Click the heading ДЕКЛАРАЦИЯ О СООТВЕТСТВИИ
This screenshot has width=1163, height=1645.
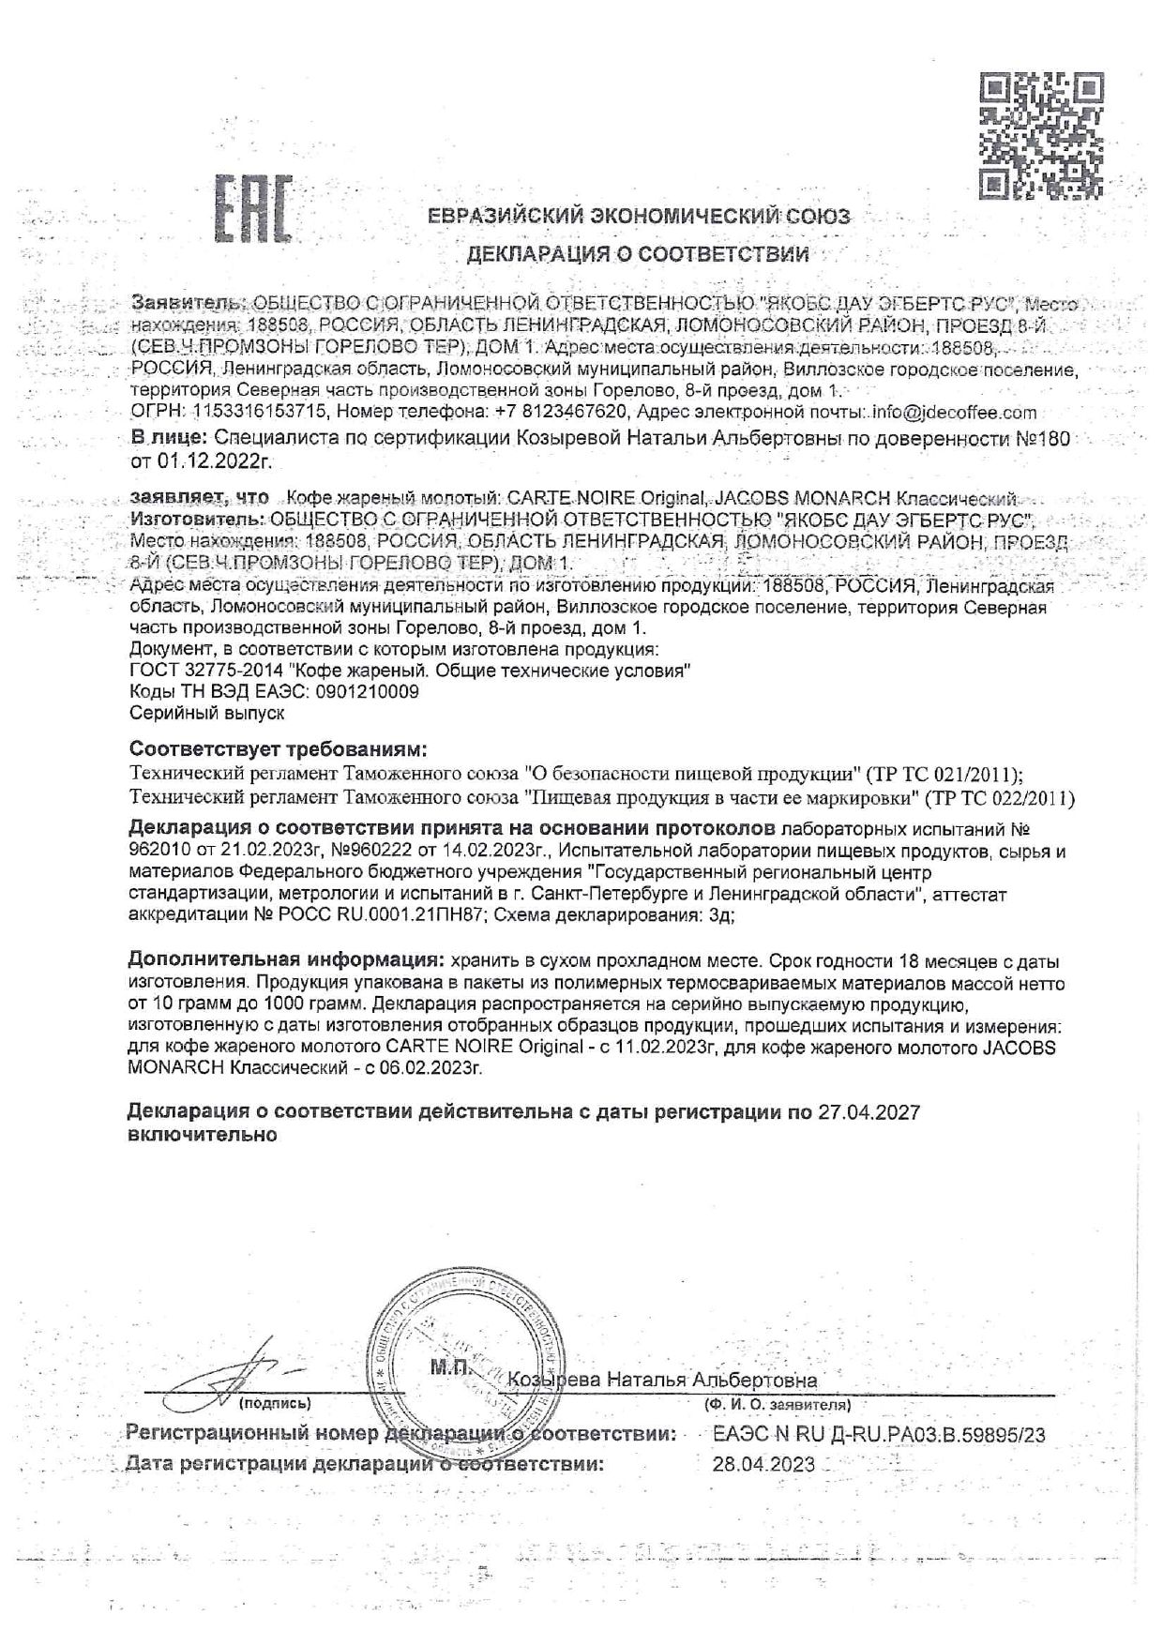click(x=638, y=253)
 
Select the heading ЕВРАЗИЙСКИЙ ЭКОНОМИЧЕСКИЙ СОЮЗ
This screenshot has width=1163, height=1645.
click(x=639, y=217)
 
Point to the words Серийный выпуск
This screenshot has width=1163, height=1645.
click(x=205, y=713)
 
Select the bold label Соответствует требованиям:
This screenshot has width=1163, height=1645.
click(x=278, y=750)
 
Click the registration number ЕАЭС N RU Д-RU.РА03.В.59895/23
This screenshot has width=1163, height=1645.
click(x=879, y=1434)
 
